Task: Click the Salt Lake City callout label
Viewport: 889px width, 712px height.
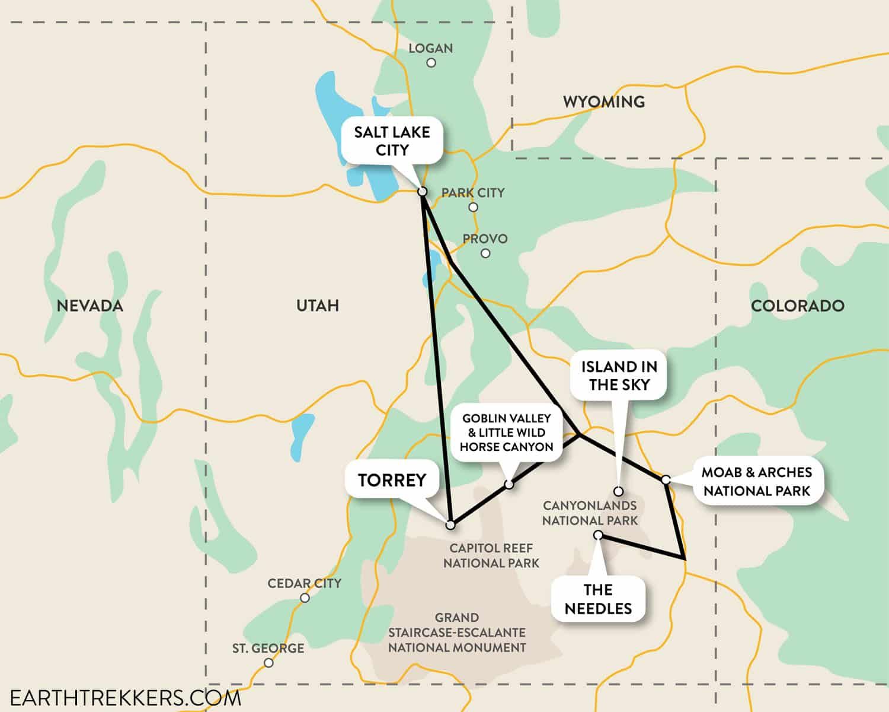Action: point(392,141)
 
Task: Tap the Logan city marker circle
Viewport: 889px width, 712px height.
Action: point(431,62)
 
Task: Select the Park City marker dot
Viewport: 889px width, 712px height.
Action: point(473,207)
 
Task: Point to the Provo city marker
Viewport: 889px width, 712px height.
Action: point(485,253)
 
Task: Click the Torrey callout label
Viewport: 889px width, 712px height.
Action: point(392,479)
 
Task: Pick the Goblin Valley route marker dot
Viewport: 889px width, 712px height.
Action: point(509,485)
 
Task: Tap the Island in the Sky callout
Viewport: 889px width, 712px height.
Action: point(619,376)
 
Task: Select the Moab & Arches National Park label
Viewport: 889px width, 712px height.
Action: point(756,481)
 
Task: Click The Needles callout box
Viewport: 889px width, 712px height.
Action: point(598,599)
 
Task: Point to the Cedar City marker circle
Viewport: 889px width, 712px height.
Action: point(305,598)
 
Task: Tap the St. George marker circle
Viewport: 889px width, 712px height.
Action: point(268,663)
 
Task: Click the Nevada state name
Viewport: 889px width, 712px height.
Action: point(89,306)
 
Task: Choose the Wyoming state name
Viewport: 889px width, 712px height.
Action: point(603,102)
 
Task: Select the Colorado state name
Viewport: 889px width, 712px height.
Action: point(797,306)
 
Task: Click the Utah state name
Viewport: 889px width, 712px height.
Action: point(317,306)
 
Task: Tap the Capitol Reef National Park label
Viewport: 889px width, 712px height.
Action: point(491,555)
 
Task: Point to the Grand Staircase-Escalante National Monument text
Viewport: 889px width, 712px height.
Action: point(456,632)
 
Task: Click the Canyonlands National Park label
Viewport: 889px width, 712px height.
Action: point(590,513)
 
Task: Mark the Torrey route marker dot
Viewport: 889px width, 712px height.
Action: point(450,525)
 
